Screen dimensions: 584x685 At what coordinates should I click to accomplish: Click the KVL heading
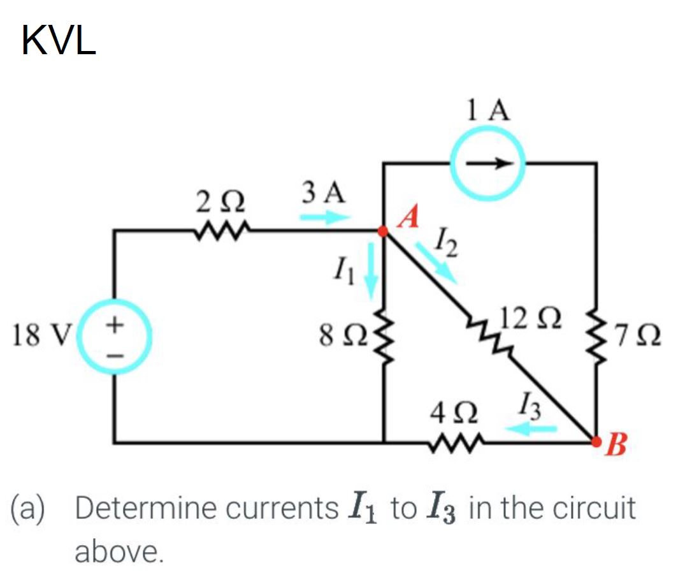[59, 41]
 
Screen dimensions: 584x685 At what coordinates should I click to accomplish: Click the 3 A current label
[324, 192]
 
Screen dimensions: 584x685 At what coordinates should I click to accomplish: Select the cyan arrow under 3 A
[325, 218]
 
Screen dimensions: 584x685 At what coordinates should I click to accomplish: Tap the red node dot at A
[384, 232]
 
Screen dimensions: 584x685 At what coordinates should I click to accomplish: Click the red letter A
[409, 219]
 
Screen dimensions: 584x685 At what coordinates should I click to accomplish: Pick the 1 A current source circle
[489, 163]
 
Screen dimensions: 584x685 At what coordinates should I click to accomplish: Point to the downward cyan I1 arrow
[371, 272]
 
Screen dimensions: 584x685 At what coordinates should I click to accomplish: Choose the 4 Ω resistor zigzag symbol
[456, 441]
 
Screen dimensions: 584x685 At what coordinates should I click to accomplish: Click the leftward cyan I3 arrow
[531, 430]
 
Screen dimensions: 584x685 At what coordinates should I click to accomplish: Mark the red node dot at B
[596, 441]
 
